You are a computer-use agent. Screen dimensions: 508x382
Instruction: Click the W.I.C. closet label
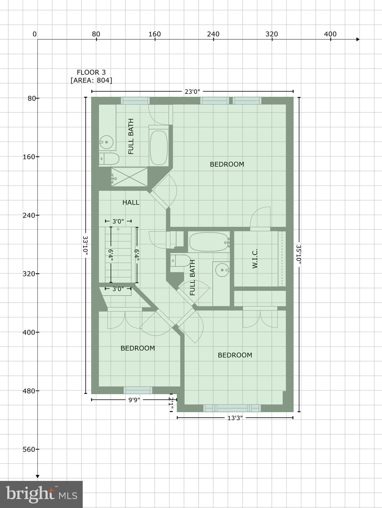tap(255, 259)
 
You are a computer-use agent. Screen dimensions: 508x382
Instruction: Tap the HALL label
tap(131, 202)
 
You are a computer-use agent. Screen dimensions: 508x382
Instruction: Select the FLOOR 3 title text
tap(91, 72)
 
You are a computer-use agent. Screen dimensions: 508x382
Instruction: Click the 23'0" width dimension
tap(192, 92)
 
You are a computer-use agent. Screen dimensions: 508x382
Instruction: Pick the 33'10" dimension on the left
tap(86, 245)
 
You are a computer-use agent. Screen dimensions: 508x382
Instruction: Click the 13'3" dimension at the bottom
tap(235, 418)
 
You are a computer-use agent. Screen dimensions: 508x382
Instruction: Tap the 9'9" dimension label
tap(134, 400)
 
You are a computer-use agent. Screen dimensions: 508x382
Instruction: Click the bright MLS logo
tap(41, 494)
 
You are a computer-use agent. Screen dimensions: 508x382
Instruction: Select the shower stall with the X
tap(129, 177)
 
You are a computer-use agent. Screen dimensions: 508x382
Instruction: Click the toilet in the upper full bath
tap(109, 159)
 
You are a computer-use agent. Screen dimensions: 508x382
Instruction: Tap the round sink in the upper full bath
tap(106, 143)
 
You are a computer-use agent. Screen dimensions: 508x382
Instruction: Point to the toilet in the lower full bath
tap(180, 261)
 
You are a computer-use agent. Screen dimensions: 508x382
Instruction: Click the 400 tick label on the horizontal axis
tap(330, 34)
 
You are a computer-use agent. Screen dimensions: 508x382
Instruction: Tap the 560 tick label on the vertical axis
tap(29, 449)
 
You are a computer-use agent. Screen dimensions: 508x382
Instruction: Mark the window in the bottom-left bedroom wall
tap(138, 390)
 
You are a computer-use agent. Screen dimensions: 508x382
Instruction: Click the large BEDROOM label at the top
tap(227, 164)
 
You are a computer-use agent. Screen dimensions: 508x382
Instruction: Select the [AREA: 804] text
tap(91, 80)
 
